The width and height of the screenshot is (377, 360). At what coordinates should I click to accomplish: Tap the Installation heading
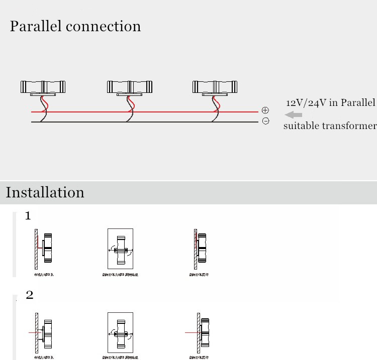click(45, 192)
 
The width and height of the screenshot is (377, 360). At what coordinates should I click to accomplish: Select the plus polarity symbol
click(265, 110)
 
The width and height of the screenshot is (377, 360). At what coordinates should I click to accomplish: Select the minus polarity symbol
click(265, 121)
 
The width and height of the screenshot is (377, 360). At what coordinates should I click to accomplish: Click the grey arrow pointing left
click(294, 115)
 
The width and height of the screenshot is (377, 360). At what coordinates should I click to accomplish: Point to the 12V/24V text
click(306, 103)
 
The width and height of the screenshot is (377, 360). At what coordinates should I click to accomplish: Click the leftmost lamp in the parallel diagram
click(43, 87)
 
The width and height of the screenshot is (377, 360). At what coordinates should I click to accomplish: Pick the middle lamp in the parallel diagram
click(129, 87)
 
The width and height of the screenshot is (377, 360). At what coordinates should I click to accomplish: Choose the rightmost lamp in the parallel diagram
click(215, 87)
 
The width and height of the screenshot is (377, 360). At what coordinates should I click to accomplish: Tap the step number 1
click(28, 216)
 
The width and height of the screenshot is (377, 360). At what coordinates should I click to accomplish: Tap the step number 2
click(29, 295)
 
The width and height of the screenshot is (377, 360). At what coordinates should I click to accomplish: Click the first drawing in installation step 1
click(44, 248)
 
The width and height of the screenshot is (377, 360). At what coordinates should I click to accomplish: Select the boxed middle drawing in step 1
click(120, 249)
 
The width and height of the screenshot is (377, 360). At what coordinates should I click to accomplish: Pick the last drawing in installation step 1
click(200, 248)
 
